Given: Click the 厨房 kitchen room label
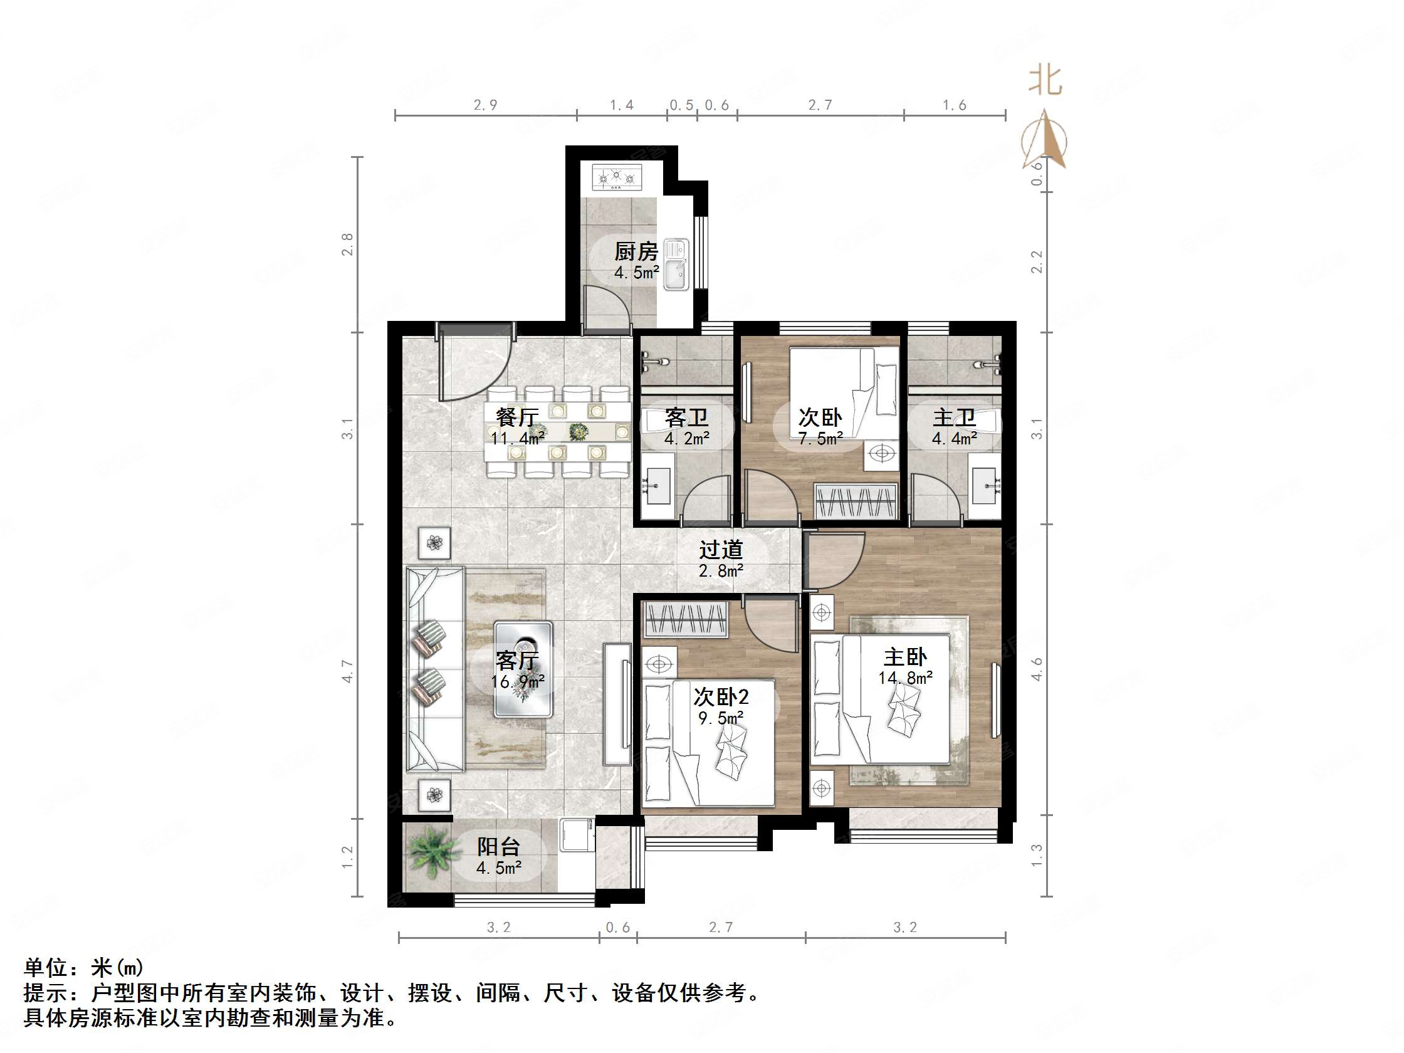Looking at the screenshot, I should [x=636, y=252].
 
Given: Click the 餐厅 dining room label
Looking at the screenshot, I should [x=517, y=417].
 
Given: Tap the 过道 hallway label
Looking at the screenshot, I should [x=720, y=550].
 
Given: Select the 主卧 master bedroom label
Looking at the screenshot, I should [x=905, y=657].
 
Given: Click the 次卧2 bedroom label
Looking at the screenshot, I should [x=720, y=697].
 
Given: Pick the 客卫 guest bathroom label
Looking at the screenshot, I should [x=686, y=417].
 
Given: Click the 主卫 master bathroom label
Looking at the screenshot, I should [x=954, y=417].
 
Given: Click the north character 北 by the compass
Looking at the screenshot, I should [x=1045, y=81].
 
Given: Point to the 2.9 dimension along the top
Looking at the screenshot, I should [x=486, y=105].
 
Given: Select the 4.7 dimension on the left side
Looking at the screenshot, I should [x=347, y=671].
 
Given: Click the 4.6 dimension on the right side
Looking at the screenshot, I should [x=1037, y=669].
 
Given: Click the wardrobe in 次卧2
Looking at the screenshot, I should [x=686, y=619].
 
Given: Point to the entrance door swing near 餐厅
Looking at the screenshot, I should [x=469, y=368].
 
